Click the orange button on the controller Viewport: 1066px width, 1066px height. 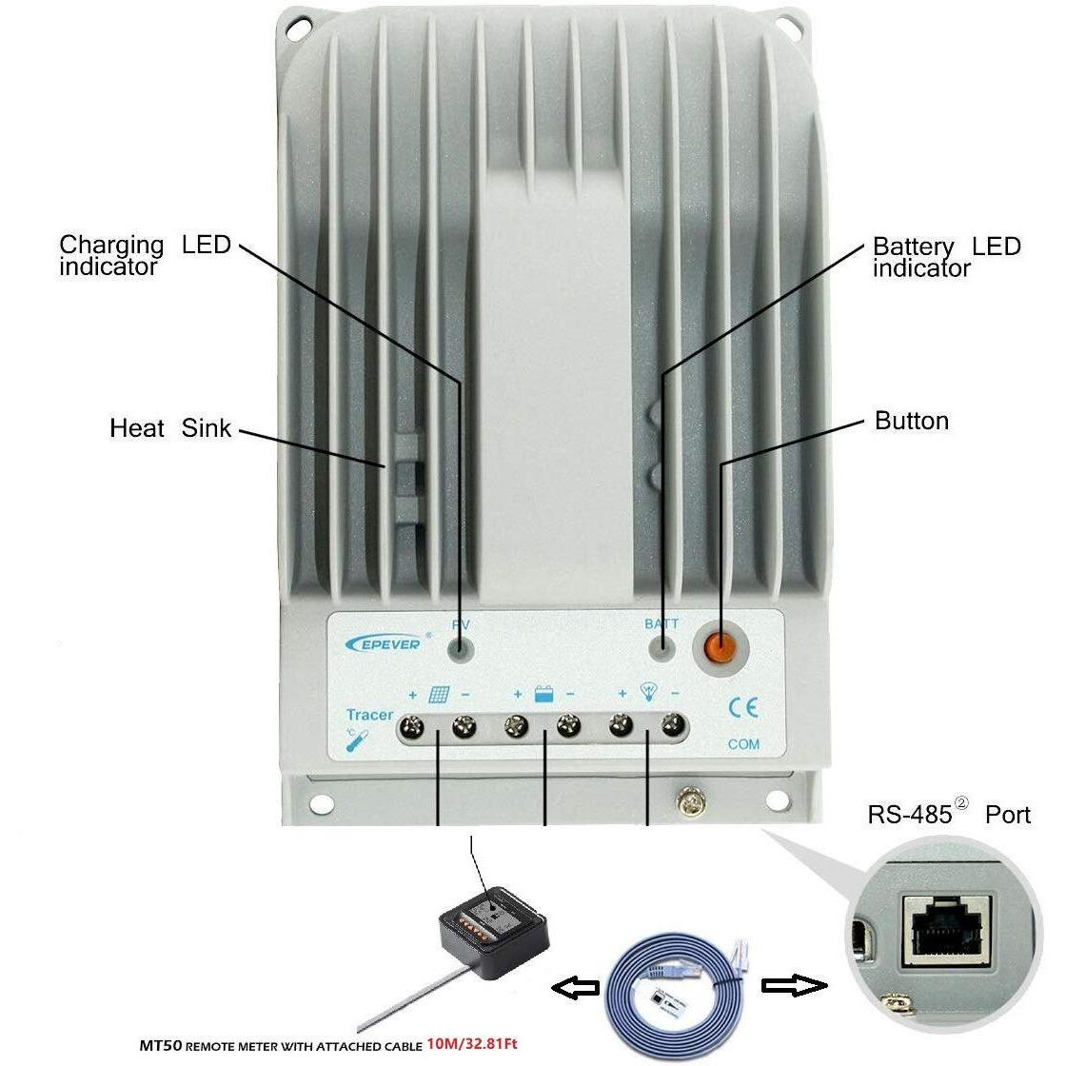(720, 647)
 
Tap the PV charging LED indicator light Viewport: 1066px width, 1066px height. (462, 649)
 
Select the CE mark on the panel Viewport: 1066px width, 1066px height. (742, 708)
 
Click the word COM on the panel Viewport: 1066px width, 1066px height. (743, 743)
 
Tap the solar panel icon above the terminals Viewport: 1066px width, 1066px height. (439, 695)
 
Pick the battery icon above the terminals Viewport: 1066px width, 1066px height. (543, 695)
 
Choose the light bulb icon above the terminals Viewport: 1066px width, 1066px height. (649, 693)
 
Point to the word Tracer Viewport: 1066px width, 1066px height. (369, 715)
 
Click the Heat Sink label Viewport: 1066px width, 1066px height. (170, 428)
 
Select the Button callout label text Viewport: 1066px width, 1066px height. (911, 421)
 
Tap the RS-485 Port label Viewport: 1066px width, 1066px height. (948, 815)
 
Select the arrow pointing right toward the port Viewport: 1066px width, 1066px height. (793, 986)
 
